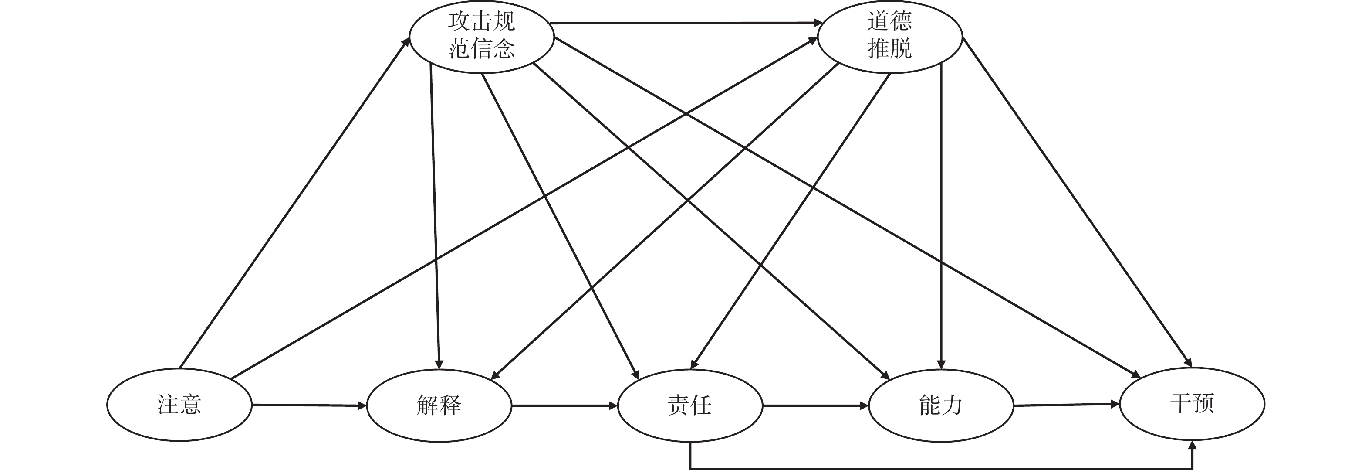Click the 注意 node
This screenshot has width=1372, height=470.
coord(179,405)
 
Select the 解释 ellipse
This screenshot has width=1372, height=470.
coord(439,405)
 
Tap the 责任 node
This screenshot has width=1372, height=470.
coord(690,405)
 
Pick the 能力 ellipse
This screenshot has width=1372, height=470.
coord(941,405)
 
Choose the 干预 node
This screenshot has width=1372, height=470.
coord(1192,403)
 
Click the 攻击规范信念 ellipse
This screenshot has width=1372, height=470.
coord(481,36)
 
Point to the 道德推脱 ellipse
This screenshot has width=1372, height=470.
coord(889,36)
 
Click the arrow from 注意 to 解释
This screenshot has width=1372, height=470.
coord(309,405)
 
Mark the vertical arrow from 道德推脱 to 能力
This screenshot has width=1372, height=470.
coord(941,213)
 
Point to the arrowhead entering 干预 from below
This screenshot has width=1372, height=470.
coord(1192,446)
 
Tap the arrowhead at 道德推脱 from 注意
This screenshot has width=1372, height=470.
coord(813,41)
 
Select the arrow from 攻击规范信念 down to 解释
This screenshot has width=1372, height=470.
coord(435,213)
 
